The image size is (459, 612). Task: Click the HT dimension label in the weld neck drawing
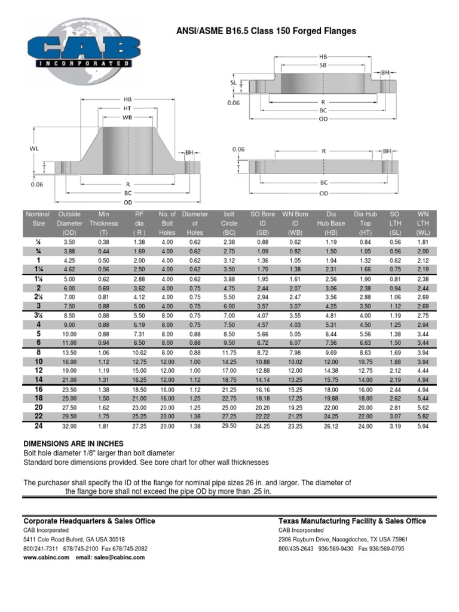127,108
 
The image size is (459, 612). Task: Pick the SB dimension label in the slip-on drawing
323,64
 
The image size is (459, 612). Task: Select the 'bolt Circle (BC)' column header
229,223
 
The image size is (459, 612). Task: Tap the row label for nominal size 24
38,426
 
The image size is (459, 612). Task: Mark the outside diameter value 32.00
69,426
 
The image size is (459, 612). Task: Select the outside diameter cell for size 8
69,353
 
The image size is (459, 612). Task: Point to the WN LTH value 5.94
423,426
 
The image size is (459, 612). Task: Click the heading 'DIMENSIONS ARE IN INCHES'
73,443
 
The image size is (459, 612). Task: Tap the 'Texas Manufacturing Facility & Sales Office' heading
352,521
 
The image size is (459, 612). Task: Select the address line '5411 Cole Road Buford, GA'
74,539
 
